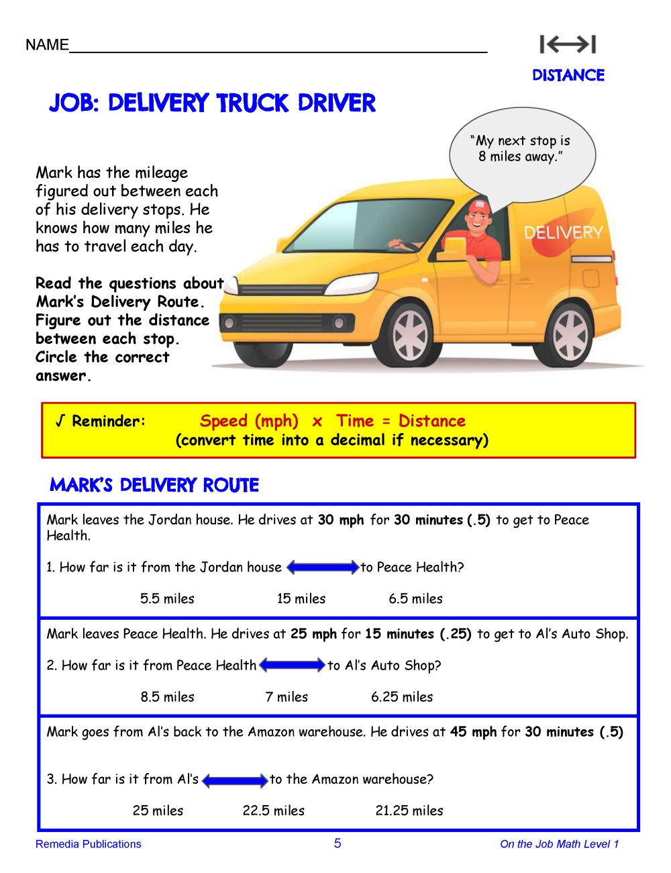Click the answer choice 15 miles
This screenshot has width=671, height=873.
[x=301, y=598]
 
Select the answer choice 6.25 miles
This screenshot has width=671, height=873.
[x=402, y=697]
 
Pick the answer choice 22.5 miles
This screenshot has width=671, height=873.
[x=274, y=811]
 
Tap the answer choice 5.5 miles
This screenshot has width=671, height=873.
[x=167, y=598]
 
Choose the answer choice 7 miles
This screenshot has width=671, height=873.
[x=287, y=697]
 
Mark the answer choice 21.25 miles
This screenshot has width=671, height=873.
[x=409, y=811]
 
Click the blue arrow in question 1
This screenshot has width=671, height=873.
[x=323, y=567]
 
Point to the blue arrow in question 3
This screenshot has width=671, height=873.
[x=235, y=780]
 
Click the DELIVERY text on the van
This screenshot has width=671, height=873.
[x=564, y=233]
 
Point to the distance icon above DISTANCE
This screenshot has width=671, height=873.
[x=568, y=44]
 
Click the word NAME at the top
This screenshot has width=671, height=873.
[x=47, y=45]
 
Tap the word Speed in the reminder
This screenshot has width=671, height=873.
[x=223, y=421]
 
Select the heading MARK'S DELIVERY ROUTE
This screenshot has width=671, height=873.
[x=154, y=485]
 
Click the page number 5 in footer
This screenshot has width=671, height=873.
[x=338, y=843]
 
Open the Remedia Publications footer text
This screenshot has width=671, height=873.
[x=89, y=844]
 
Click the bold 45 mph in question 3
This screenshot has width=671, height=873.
[x=473, y=732]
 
